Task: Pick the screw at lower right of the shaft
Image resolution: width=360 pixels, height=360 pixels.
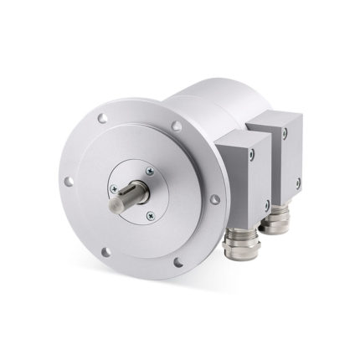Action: pos(150,215)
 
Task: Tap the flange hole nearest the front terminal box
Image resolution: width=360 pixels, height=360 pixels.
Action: pos(214,199)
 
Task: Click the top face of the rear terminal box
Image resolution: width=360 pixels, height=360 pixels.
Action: pos(276,116)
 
